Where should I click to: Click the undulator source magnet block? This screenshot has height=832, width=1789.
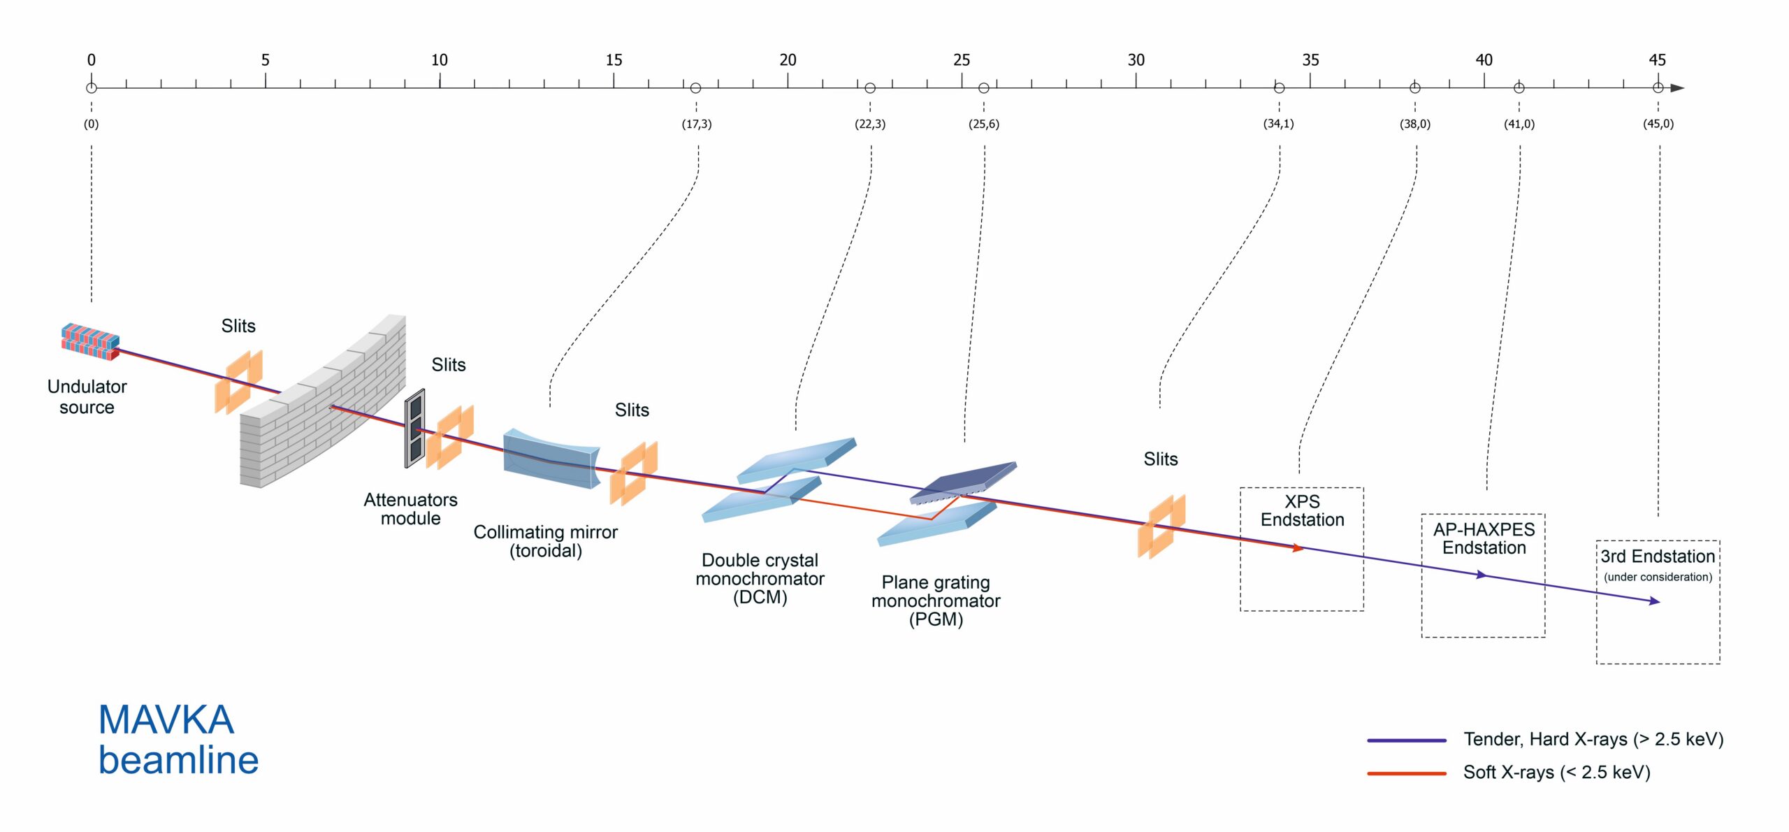click(90, 341)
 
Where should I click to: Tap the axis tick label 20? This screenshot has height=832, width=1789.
click(788, 60)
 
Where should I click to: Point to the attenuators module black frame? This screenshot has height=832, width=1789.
click(415, 428)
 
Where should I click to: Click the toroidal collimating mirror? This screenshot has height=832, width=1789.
click(551, 459)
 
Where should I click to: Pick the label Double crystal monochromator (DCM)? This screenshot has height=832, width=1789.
click(760, 579)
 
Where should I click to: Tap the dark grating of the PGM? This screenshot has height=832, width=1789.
click(963, 480)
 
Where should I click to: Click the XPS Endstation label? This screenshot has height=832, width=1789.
click(1302, 511)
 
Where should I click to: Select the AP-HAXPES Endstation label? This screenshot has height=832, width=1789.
click(1484, 538)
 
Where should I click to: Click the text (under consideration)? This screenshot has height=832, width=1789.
click(1658, 577)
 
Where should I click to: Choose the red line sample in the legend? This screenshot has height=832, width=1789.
click(1406, 773)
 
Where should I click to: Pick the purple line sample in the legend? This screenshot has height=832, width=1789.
click(1406, 740)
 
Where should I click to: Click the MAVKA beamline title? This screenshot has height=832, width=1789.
click(178, 740)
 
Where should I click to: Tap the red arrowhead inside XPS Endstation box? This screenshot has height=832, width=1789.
click(1298, 548)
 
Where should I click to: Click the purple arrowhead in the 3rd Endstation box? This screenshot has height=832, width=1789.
click(1654, 601)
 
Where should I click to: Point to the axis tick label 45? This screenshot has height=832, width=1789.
click(1657, 60)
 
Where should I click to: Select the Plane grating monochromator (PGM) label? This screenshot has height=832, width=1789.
click(936, 601)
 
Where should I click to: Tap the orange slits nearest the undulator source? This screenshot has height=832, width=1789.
click(238, 382)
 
